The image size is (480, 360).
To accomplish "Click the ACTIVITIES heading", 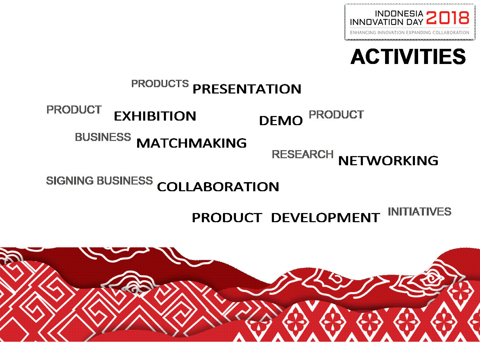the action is click(x=408, y=57).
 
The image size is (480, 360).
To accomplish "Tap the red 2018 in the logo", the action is click(x=448, y=18).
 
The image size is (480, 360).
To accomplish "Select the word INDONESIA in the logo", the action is click(x=399, y=14).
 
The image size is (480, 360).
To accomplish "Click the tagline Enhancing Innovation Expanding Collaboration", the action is click(x=410, y=33).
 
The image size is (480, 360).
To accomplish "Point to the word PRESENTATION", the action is click(x=247, y=89).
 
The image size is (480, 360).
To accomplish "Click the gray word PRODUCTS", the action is click(x=160, y=84).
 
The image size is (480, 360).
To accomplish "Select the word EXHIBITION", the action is click(x=155, y=116).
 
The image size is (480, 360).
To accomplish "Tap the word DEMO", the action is click(x=281, y=121).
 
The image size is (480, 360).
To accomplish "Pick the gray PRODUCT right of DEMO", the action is click(x=336, y=115).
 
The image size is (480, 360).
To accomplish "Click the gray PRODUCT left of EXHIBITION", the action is click(x=74, y=109).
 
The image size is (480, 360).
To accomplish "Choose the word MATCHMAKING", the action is click(x=191, y=143).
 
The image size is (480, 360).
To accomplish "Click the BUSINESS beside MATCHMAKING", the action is click(x=103, y=137).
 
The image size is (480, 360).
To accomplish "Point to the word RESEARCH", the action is click(x=303, y=154).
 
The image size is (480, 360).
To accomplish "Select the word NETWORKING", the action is click(x=388, y=161).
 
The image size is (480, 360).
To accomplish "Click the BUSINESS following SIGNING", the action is click(x=125, y=181).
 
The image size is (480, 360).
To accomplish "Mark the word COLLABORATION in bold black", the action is click(x=218, y=187).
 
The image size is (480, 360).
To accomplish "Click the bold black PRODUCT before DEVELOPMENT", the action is click(x=227, y=218).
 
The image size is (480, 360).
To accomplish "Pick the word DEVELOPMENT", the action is click(x=325, y=218).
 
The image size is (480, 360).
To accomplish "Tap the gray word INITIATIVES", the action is click(x=420, y=212).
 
